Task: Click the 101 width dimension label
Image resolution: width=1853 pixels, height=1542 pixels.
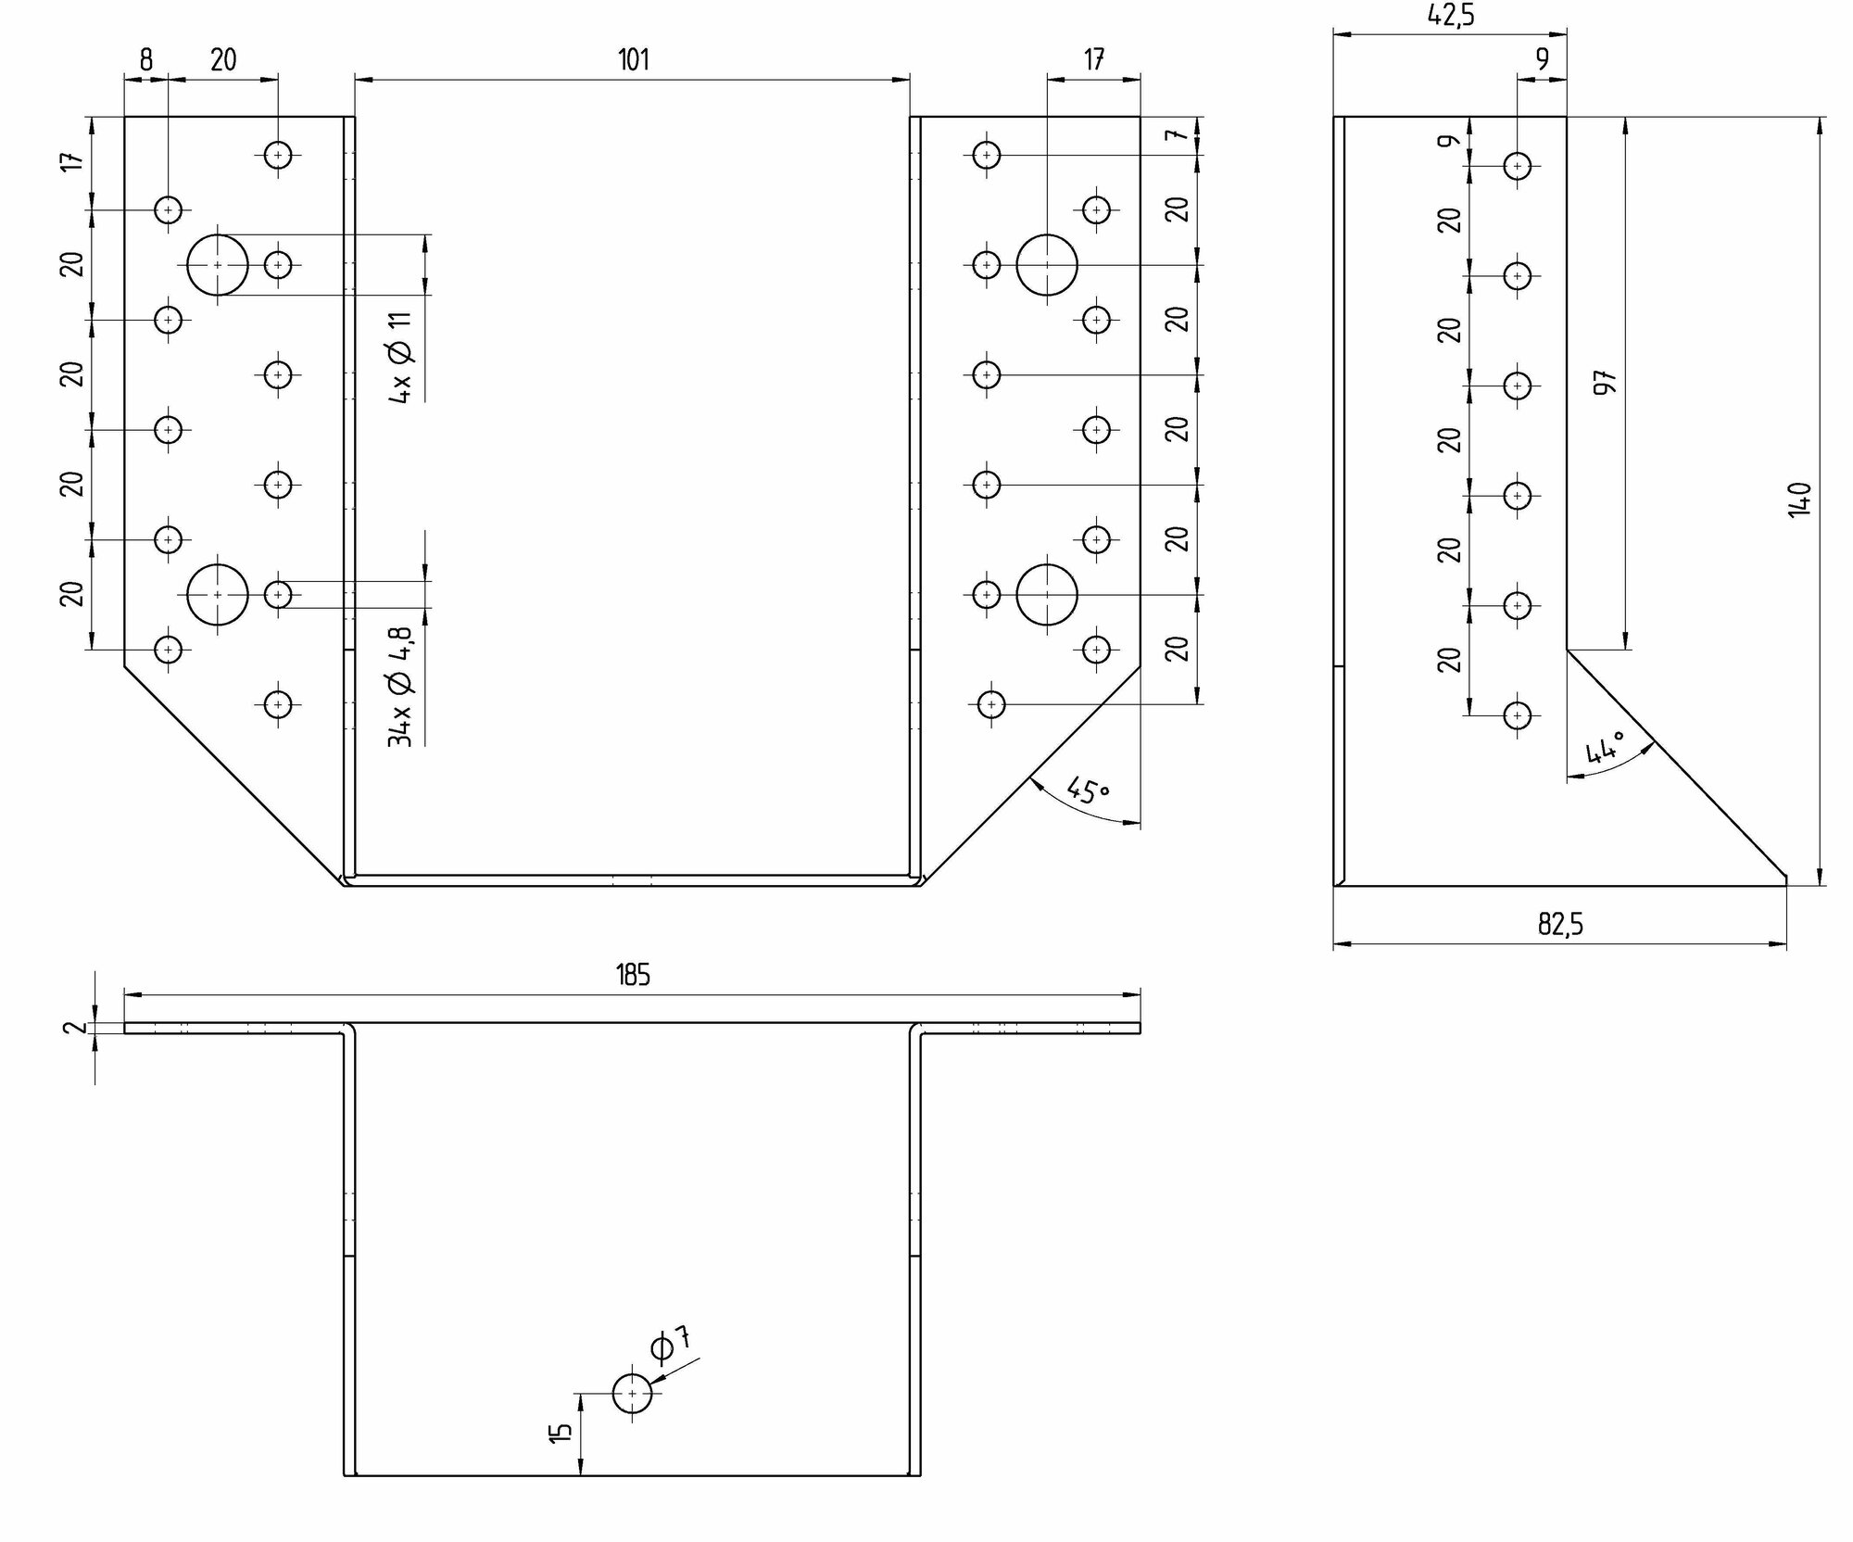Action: click(x=633, y=60)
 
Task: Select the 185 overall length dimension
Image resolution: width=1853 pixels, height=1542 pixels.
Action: click(x=633, y=975)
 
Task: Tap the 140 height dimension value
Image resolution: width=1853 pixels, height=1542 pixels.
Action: click(x=1799, y=499)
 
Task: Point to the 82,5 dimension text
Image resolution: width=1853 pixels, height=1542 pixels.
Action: click(x=1560, y=925)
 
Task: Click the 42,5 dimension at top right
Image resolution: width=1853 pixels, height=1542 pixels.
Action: click(x=1450, y=15)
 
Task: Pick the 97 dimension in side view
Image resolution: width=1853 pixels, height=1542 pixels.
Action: click(x=1605, y=382)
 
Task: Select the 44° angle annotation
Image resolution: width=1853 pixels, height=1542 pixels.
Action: click(x=1606, y=747)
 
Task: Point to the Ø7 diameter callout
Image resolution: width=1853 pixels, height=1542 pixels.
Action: click(x=671, y=1345)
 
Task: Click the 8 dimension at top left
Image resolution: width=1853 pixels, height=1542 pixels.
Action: click(x=146, y=60)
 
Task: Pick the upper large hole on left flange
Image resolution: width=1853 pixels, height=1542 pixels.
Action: click(x=218, y=265)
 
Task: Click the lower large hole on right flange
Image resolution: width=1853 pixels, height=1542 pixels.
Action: click(x=1047, y=595)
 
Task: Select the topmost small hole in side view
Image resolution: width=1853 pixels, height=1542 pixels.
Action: click(x=1517, y=166)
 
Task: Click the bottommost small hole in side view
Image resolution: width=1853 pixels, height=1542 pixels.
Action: click(x=1517, y=715)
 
